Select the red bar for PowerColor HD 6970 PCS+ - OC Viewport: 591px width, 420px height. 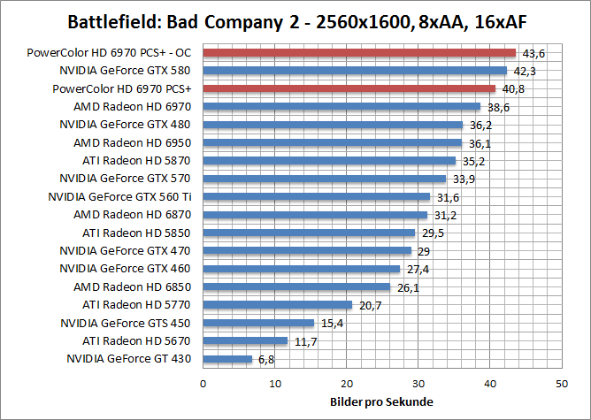359,53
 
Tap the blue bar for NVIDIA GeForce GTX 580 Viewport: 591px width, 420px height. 355,71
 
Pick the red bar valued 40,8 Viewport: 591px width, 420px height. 349,88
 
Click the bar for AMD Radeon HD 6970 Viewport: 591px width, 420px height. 342,106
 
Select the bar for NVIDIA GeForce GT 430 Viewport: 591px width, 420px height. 227,359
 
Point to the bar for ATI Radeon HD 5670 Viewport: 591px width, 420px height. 245,340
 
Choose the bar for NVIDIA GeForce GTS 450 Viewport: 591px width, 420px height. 258,323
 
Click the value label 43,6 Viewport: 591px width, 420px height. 533,54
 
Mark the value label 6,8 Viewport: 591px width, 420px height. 266,359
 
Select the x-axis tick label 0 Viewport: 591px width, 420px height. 203,384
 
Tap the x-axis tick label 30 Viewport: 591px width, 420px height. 418,384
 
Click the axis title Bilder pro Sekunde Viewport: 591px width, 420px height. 381,402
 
